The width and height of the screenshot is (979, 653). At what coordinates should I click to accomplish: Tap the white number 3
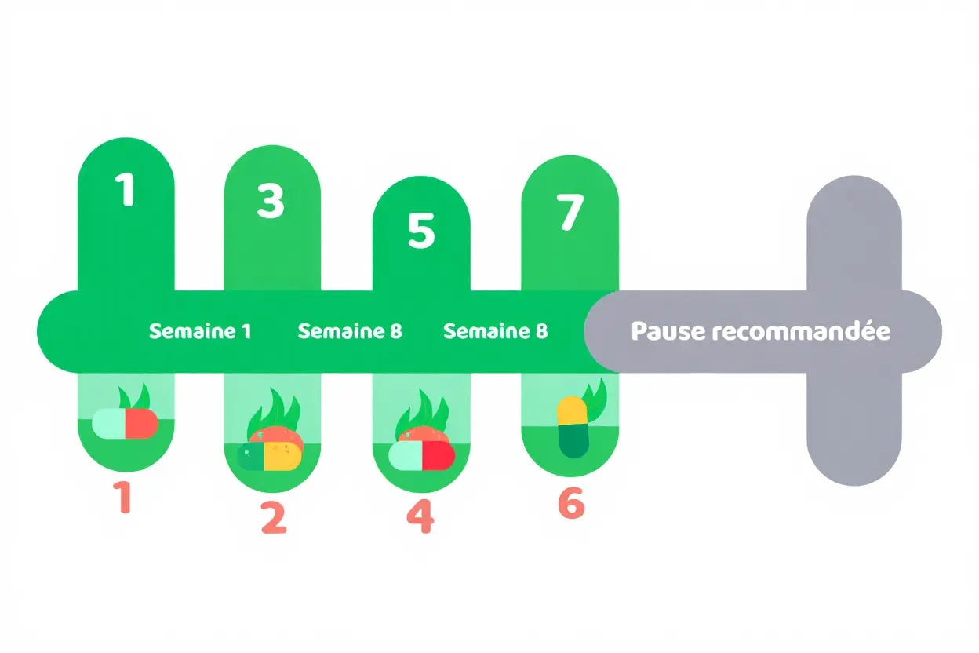[x=271, y=201]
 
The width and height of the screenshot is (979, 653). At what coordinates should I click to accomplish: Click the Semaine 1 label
[x=200, y=331]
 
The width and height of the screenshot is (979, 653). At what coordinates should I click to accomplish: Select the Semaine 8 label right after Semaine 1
[x=350, y=331]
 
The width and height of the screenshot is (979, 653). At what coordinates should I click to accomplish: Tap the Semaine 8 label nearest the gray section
[x=496, y=331]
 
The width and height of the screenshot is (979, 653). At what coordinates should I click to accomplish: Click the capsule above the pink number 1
[x=126, y=424]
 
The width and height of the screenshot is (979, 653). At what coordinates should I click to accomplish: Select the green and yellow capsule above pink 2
[x=271, y=455]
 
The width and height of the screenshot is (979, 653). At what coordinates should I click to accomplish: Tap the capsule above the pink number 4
[x=421, y=455]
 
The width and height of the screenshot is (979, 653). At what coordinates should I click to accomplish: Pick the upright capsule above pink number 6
[x=573, y=428]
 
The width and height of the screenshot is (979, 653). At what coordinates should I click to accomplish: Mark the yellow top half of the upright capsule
[x=572, y=410]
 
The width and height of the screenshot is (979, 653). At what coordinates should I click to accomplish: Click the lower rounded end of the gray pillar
[x=854, y=463]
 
